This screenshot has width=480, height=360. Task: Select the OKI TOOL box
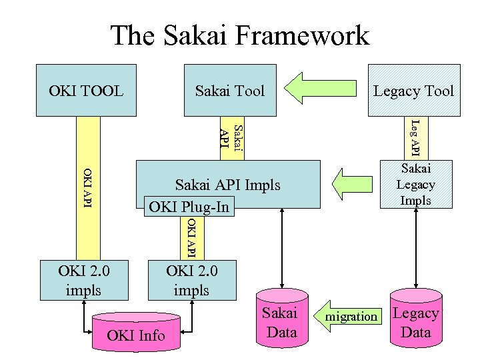coord(86,90)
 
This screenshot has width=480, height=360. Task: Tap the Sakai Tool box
coord(230,90)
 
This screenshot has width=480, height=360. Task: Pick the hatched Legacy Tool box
coord(413,90)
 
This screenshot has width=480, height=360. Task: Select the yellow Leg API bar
coord(414,138)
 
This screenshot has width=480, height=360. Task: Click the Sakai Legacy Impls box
coord(415,185)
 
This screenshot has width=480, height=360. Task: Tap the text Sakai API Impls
coord(227,185)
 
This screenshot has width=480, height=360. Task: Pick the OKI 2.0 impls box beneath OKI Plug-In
coord(191,280)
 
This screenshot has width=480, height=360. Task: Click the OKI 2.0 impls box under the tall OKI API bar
coord(85,280)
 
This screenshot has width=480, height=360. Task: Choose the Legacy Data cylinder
coord(415,323)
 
